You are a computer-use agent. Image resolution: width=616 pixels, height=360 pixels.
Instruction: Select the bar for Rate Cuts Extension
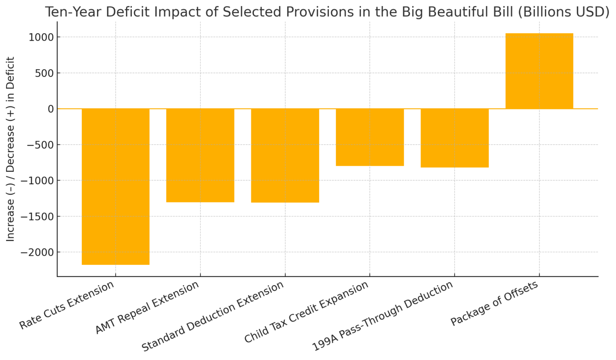point(115,186)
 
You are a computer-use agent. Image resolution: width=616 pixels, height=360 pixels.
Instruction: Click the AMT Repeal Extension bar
point(200,155)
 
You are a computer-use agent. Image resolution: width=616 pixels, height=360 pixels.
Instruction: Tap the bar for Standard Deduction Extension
point(285,155)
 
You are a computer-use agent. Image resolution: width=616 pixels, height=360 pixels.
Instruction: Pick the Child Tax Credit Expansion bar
point(370,137)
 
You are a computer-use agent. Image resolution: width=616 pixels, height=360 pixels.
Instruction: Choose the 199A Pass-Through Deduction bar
point(455,138)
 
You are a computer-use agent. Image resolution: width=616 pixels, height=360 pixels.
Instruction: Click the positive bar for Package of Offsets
point(539,71)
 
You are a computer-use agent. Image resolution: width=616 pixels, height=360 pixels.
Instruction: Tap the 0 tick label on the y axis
point(51,109)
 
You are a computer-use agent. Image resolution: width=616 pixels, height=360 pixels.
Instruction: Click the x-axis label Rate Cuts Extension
point(67,305)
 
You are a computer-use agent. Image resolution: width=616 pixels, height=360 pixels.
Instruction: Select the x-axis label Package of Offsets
point(494,303)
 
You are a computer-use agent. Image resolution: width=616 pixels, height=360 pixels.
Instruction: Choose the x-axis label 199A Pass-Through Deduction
point(383,316)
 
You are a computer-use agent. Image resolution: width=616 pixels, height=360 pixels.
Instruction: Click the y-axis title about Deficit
point(11,149)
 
